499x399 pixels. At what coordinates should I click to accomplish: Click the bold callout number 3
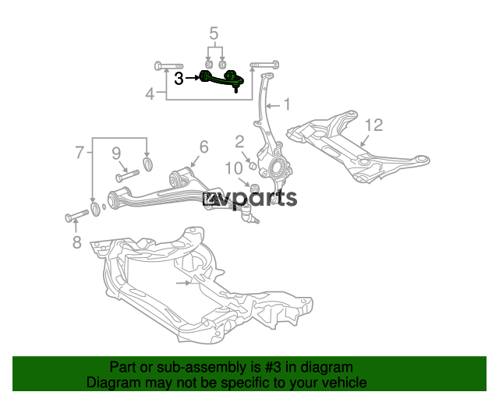[x=179, y=78]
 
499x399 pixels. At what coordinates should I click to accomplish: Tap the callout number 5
[x=214, y=34]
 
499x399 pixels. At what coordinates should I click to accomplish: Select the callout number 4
[x=150, y=94]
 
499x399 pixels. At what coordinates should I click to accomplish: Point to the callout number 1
[x=287, y=104]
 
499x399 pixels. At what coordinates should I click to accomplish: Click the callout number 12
[x=373, y=125]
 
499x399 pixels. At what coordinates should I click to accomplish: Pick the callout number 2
[x=239, y=142]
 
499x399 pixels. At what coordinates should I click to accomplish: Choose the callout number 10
[x=234, y=168]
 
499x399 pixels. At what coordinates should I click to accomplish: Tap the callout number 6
[x=203, y=147]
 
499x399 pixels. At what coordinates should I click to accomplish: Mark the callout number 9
[x=116, y=153]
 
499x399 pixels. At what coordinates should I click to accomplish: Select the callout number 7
[x=80, y=153]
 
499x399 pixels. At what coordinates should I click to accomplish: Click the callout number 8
[x=76, y=242]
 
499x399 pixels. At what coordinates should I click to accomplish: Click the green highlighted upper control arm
[x=221, y=81]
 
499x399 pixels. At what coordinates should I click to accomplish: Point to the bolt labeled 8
[x=77, y=215]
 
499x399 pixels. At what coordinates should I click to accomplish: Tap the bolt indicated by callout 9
[x=128, y=176]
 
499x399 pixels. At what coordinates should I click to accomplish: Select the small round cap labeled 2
[x=253, y=166]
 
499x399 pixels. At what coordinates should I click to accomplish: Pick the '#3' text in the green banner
[x=273, y=368]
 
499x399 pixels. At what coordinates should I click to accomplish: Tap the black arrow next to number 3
[x=193, y=78]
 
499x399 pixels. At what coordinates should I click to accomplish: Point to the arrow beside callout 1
[x=274, y=106]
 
